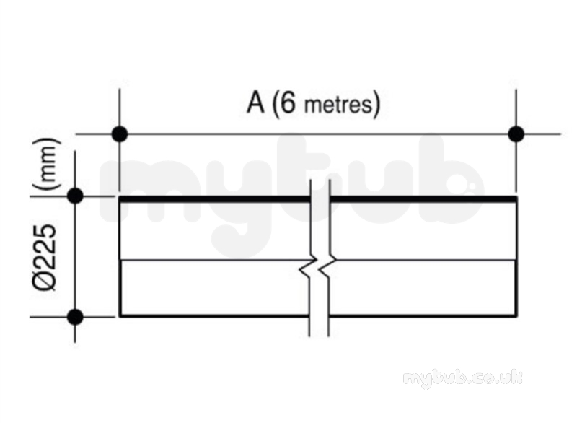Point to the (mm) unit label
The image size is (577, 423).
(46, 164)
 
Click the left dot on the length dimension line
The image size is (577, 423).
(120, 134)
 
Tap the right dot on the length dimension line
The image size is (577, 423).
(516, 134)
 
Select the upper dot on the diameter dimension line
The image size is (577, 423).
(75, 196)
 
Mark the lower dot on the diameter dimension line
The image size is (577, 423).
(75, 317)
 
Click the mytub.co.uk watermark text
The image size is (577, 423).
(462, 378)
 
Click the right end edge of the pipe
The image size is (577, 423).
(516, 256)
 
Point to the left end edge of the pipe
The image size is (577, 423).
(120, 256)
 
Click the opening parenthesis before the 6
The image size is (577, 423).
(275, 104)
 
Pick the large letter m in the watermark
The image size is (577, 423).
(154, 191)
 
